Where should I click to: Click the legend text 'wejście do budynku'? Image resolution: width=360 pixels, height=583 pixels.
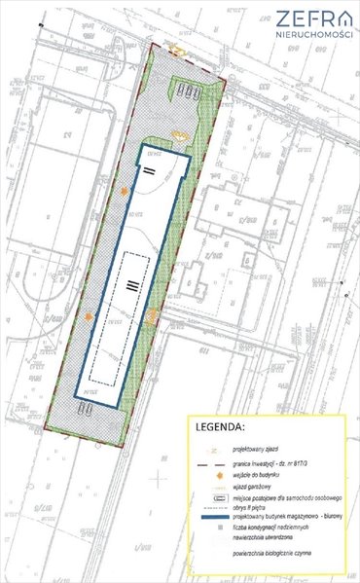[259, 476]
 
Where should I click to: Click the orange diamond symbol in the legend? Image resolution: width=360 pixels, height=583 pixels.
[210, 477]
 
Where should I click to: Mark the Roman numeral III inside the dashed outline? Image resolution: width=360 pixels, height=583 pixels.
[129, 283]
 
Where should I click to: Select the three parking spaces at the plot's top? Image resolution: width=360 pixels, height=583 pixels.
[190, 93]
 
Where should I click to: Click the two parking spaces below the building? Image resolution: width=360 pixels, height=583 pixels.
[89, 410]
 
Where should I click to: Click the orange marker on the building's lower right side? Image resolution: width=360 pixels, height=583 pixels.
[153, 314]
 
